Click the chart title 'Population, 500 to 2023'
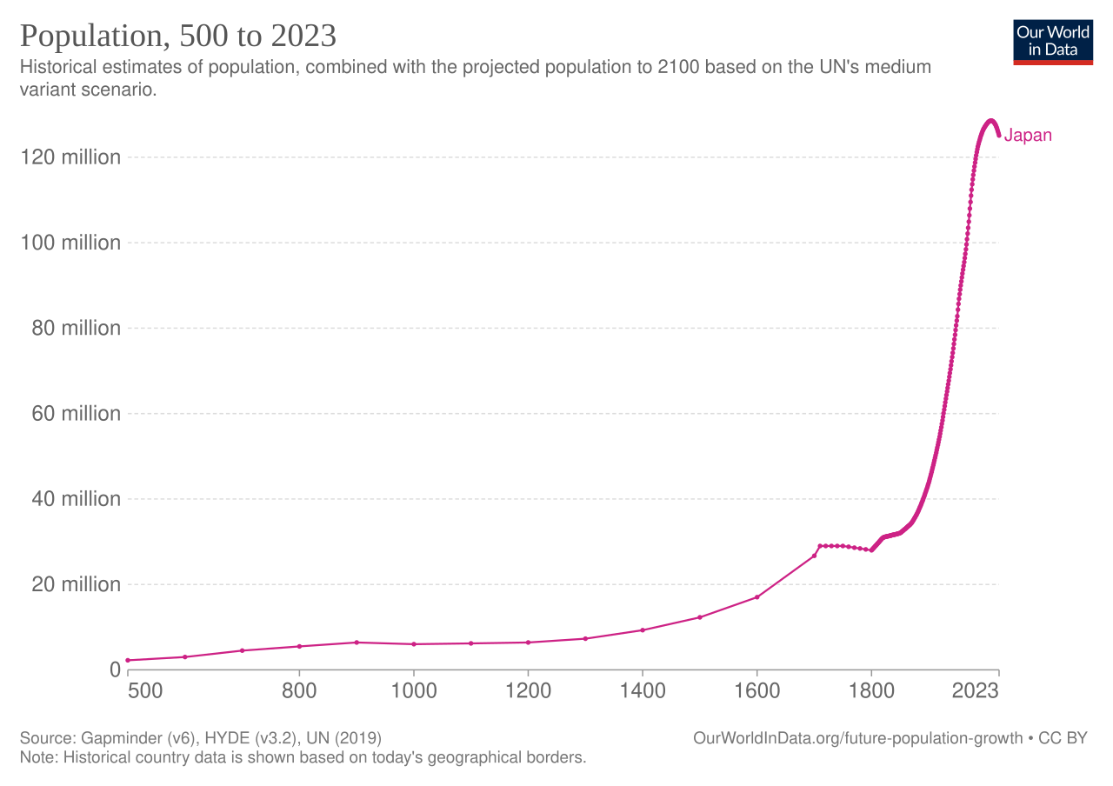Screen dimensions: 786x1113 point(177,37)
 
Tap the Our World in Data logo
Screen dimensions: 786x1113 point(1052,41)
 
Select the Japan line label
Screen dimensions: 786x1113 point(1029,136)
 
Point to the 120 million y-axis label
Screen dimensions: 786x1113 point(70,157)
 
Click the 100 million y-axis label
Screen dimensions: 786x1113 point(70,243)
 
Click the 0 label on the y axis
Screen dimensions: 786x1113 point(114,669)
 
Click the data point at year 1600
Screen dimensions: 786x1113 point(756,596)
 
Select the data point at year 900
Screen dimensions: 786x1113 point(357,642)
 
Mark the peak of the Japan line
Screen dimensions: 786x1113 point(990,121)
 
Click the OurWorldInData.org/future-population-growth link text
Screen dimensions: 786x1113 point(857,738)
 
